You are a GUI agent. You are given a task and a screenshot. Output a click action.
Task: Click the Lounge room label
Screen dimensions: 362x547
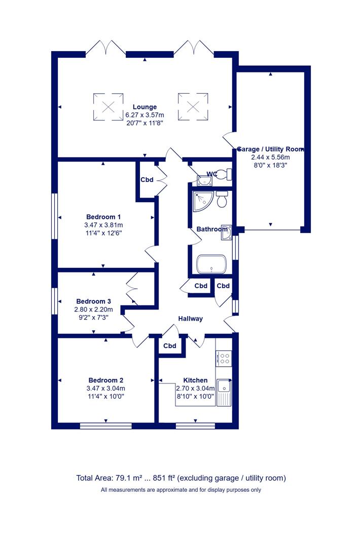(144, 107)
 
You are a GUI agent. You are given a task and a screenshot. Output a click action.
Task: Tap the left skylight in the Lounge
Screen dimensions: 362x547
(108, 107)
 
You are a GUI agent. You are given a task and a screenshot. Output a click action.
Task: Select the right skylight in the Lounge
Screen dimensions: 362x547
(193, 107)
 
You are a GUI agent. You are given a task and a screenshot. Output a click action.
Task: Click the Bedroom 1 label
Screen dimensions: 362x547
(103, 217)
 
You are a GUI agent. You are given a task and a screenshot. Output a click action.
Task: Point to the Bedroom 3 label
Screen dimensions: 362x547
(94, 301)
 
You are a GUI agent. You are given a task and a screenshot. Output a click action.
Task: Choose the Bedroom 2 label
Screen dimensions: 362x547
(106, 380)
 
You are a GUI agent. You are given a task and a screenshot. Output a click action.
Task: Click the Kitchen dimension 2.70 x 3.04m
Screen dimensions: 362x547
(195, 388)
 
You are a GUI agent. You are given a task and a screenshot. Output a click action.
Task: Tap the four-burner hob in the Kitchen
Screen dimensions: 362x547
(224, 359)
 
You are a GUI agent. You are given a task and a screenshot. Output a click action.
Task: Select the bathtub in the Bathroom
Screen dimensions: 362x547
(211, 264)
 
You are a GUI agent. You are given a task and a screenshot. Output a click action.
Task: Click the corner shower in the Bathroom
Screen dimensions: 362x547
(203, 201)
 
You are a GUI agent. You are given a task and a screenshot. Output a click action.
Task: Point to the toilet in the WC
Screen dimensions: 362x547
(225, 174)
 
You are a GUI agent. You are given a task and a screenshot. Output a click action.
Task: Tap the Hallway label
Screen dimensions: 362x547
(190, 319)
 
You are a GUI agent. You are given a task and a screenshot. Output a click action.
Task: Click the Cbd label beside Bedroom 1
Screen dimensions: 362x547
(147, 180)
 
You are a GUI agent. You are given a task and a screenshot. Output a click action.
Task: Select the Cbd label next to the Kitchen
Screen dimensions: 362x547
(170, 346)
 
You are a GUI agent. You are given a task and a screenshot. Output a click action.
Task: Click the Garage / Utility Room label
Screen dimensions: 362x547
(271, 149)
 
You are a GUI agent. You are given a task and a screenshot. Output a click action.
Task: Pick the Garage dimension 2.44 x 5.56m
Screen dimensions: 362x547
(271, 158)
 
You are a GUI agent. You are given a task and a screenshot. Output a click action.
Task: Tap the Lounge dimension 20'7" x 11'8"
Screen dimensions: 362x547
(144, 123)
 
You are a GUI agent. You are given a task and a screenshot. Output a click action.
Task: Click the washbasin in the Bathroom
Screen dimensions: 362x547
(226, 232)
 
